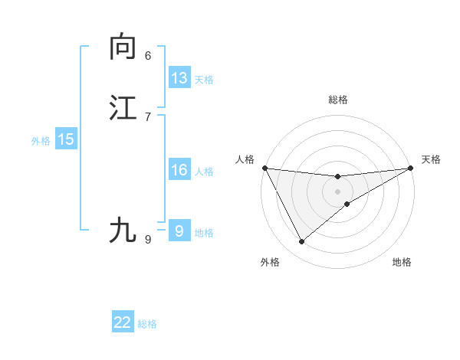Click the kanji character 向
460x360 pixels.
click(x=123, y=47)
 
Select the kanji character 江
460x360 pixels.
click(x=123, y=107)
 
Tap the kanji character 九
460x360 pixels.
click(x=123, y=230)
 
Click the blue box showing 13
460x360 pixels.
click(x=179, y=78)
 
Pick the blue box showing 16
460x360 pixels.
click(x=179, y=170)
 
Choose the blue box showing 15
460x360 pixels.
click(x=66, y=139)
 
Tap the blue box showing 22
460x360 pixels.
click(x=123, y=322)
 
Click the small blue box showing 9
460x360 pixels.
click(x=179, y=231)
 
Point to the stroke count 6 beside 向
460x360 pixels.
click(x=148, y=56)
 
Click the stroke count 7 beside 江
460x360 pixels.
click(x=148, y=116)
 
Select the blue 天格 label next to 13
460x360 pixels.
click(x=204, y=80)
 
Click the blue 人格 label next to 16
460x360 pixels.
click(x=204, y=172)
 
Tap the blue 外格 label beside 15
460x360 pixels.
click(x=41, y=140)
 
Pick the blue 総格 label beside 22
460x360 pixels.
click(x=147, y=324)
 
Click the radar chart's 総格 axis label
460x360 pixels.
click(x=338, y=100)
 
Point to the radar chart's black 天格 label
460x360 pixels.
click(x=431, y=159)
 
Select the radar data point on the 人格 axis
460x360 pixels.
click(x=264, y=168)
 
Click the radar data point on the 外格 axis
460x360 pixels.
click(x=301, y=242)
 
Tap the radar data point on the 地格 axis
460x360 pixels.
click(x=347, y=204)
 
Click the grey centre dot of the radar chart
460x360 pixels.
click(x=338, y=191)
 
